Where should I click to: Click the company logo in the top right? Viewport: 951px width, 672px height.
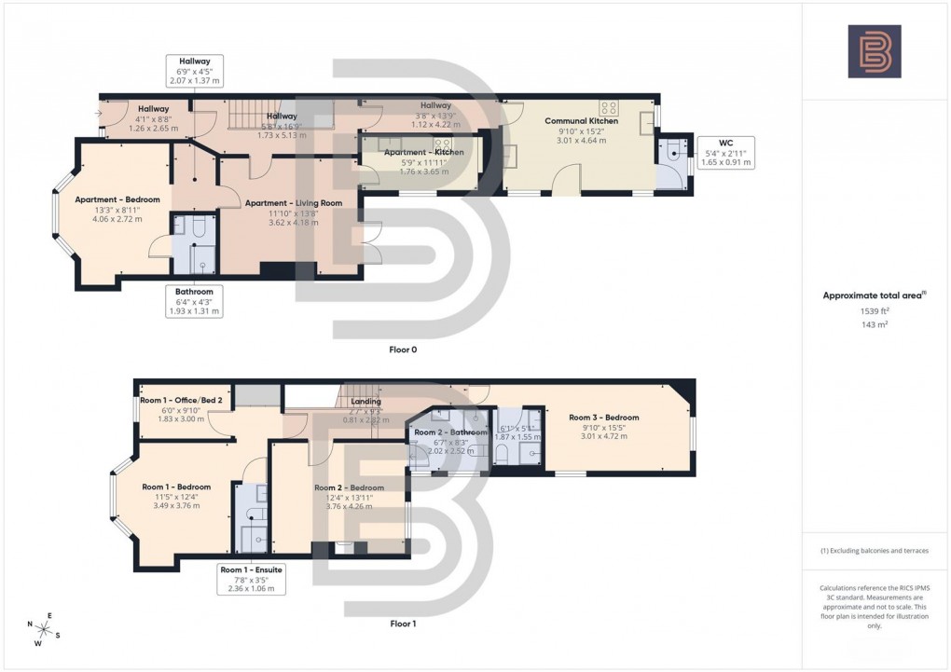click(x=874, y=51)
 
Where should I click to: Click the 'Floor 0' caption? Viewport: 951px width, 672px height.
click(x=403, y=350)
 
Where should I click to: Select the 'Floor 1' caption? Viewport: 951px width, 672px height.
click(x=402, y=623)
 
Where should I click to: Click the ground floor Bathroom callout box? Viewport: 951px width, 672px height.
click(x=194, y=301)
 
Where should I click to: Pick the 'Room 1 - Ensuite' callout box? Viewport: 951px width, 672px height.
click(x=251, y=578)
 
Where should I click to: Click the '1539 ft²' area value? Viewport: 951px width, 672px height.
click(x=874, y=309)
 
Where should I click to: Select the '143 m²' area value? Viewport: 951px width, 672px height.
click(x=874, y=324)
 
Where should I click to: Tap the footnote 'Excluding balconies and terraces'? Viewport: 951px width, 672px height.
click(x=874, y=551)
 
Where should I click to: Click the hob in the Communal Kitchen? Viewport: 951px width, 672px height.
click(x=610, y=107)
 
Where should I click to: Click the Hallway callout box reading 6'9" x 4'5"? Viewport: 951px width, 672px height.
click(x=194, y=69)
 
